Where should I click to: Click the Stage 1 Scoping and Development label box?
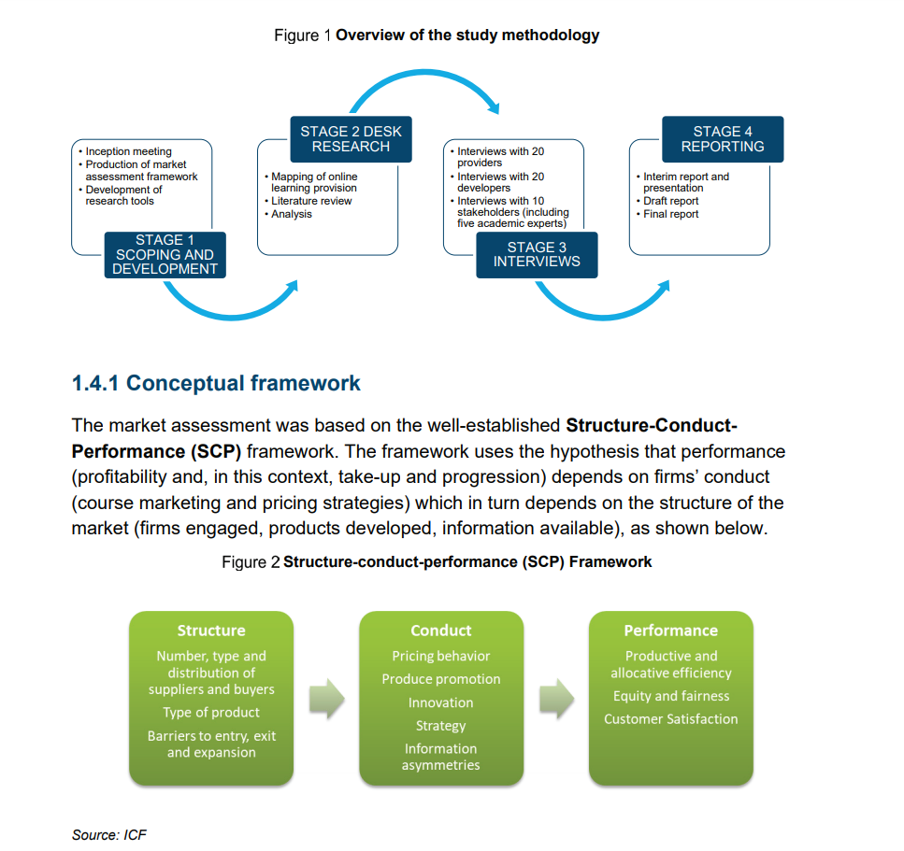tap(165, 254)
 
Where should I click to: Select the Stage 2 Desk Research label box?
tap(351, 139)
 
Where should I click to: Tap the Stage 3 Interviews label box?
tap(537, 254)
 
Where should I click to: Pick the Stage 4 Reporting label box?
tap(722, 139)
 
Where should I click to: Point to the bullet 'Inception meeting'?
tap(128, 151)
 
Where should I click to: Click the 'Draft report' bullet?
tap(670, 201)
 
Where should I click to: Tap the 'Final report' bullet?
tap(670, 214)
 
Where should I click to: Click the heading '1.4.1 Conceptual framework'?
tap(216, 383)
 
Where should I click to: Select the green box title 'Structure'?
tap(211, 631)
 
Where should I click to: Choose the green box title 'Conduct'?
tap(440, 631)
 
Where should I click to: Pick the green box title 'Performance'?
tap(670, 631)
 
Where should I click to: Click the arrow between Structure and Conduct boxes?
tap(326, 699)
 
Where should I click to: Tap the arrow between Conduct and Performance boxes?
tap(556, 699)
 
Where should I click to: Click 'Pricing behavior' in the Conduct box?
tap(440, 656)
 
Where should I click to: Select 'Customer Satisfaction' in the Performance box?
tap(670, 719)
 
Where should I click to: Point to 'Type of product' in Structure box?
tap(211, 713)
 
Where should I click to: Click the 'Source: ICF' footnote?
tap(109, 834)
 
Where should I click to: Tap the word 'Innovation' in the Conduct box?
tap(440, 702)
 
